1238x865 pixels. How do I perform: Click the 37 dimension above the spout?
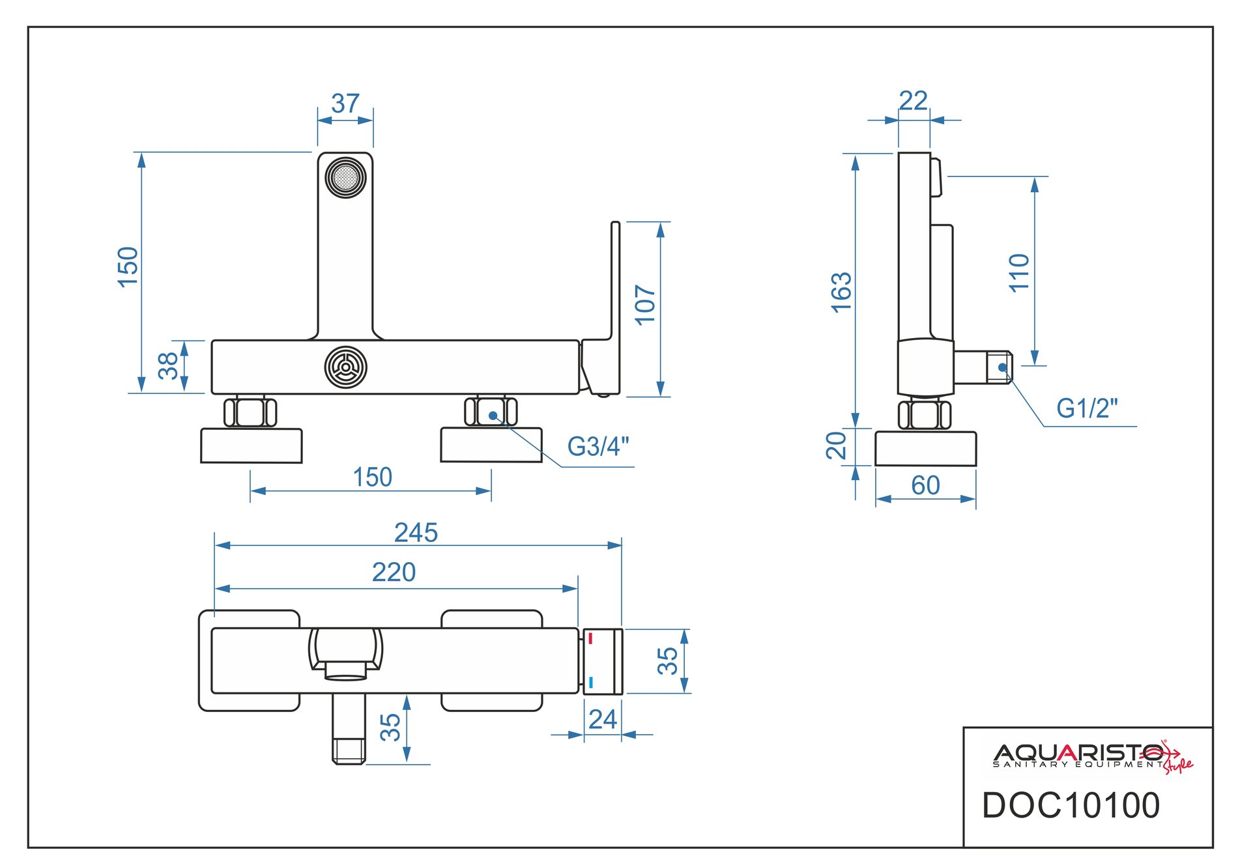pyautogui.click(x=345, y=104)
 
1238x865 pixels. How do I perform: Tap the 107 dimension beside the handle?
pyautogui.click(x=645, y=304)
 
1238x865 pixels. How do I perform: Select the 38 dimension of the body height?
pyautogui.click(x=168, y=365)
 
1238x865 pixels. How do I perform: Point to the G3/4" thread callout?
pyautogui.click(x=597, y=447)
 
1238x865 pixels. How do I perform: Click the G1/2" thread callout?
pyautogui.click(x=1086, y=408)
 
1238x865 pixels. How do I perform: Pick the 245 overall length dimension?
pyautogui.click(x=416, y=533)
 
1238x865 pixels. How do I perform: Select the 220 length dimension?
pyautogui.click(x=394, y=573)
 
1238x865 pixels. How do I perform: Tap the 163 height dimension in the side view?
pyautogui.click(x=841, y=292)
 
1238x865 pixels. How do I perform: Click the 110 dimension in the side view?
pyautogui.click(x=1019, y=273)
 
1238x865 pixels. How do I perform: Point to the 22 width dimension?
pyautogui.click(x=913, y=101)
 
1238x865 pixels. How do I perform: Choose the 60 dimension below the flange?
pyautogui.click(x=925, y=485)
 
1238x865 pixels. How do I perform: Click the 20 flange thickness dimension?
pyautogui.click(x=836, y=446)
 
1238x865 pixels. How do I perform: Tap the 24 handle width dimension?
pyautogui.click(x=602, y=720)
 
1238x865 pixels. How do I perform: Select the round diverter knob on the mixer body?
pyautogui.click(x=345, y=367)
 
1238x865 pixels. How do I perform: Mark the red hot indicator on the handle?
pyautogui.click(x=590, y=638)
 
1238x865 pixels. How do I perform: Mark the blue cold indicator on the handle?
pyautogui.click(x=590, y=683)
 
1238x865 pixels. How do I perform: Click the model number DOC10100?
pyautogui.click(x=1071, y=806)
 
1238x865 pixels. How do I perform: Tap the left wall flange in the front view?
pyautogui.click(x=252, y=446)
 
